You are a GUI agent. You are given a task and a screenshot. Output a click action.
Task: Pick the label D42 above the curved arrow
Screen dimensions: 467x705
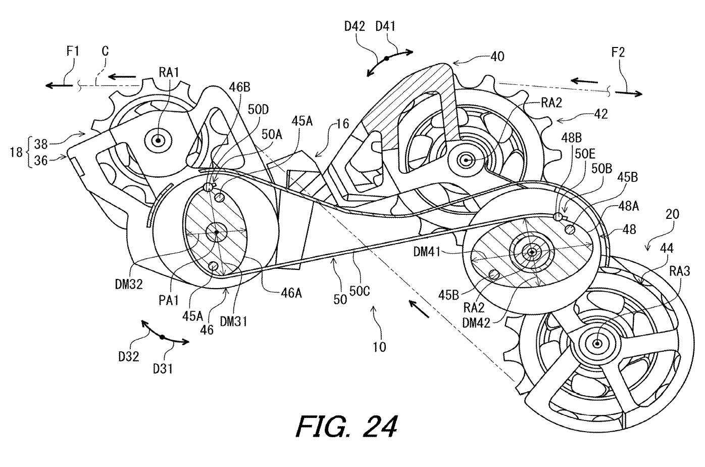click(355, 27)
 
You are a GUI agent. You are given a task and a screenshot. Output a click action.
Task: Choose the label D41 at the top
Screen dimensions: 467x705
click(385, 27)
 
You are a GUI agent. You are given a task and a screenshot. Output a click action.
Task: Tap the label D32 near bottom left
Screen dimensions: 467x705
click(129, 356)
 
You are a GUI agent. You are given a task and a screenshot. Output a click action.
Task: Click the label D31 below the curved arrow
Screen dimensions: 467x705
click(163, 369)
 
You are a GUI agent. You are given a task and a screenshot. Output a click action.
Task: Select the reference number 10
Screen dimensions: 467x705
click(379, 347)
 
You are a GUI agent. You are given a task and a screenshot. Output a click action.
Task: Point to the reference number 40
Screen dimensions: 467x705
click(497, 57)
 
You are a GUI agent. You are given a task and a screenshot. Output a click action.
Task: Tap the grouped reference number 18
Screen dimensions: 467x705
click(16, 152)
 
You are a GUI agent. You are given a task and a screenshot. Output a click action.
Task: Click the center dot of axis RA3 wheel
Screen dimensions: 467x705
click(597, 344)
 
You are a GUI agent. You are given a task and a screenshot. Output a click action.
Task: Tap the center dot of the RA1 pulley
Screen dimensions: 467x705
click(158, 140)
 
